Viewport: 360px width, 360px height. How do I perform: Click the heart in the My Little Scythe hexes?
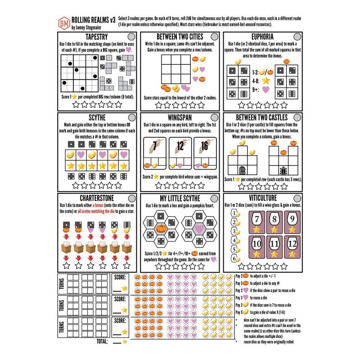199,229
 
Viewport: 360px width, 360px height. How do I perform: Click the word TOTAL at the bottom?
100,342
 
